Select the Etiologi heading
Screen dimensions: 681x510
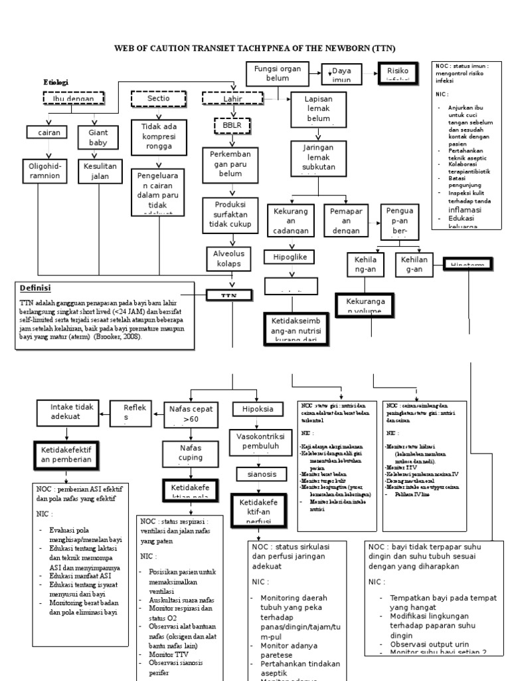pos(56,82)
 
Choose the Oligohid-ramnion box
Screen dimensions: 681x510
pos(44,170)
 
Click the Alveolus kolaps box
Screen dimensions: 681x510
pos(228,258)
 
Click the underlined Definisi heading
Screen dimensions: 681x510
pos(35,288)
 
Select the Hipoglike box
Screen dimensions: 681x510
pos(288,257)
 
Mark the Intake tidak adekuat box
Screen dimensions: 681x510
pos(72,412)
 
